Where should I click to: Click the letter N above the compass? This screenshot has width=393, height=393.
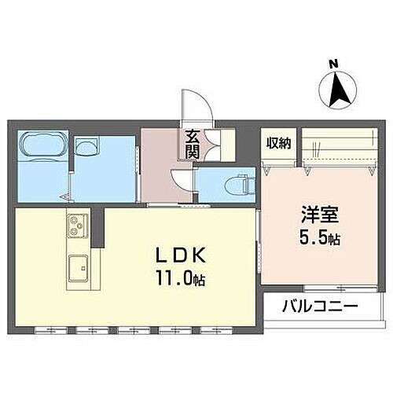[333, 64]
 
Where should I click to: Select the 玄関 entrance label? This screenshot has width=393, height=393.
[192, 145]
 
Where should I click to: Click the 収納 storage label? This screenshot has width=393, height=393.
[277, 143]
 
